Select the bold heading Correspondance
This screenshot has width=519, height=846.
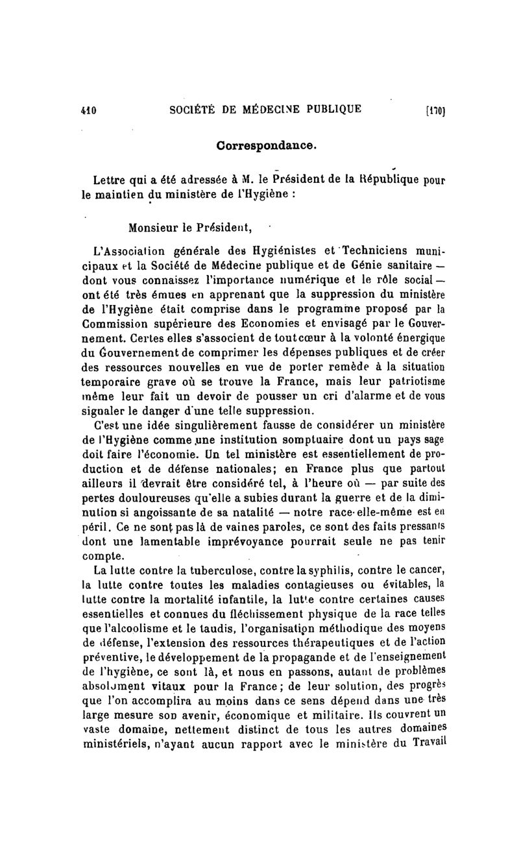267,146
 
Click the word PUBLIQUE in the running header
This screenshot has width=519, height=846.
328,108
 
